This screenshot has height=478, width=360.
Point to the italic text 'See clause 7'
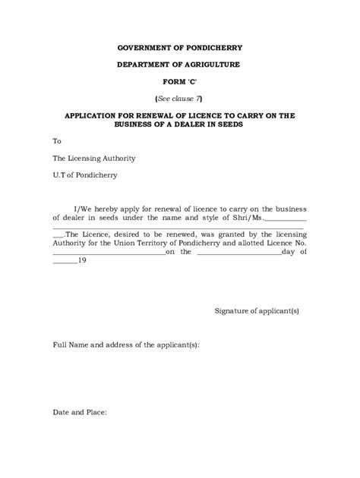(x=179, y=99)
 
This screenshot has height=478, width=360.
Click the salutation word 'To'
(x=57, y=142)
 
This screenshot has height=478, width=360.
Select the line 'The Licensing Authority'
(x=94, y=158)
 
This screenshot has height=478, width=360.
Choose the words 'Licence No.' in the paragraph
(x=285, y=241)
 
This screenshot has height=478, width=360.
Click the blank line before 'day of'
(x=238, y=252)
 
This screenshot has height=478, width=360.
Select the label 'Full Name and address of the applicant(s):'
(x=126, y=345)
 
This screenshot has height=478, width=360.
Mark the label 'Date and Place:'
(x=80, y=414)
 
